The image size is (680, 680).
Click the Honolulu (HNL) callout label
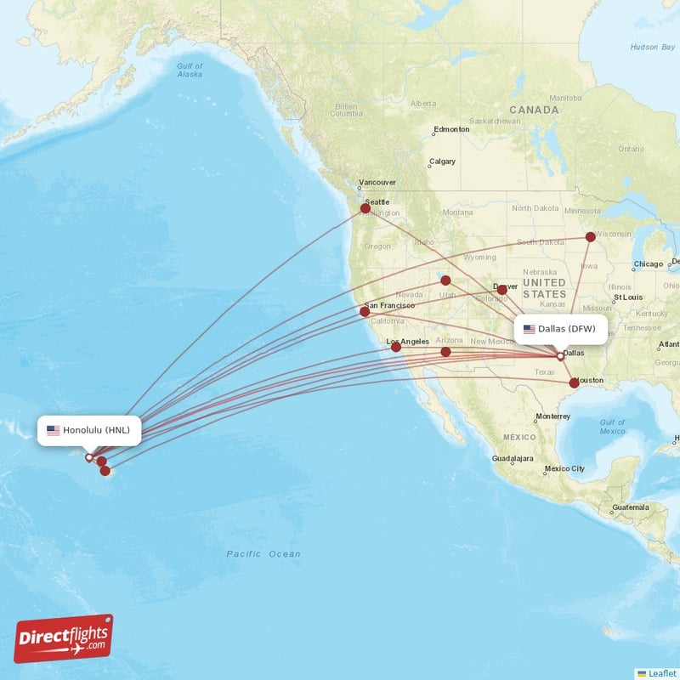point(89,430)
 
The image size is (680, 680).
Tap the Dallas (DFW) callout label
point(559,329)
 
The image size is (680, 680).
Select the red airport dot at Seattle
point(365,207)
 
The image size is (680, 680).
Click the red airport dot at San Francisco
point(365,312)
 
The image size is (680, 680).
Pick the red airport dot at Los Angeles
point(395,347)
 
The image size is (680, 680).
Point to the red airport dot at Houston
point(575,383)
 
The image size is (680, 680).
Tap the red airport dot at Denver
point(501,290)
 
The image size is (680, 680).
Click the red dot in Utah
point(445,280)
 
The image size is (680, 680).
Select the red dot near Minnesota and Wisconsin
point(591,237)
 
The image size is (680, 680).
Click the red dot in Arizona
point(445,352)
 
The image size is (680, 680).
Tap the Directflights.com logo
point(64,638)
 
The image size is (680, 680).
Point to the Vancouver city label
point(377,183)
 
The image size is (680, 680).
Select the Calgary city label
point(442,161)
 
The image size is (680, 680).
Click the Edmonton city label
point(450,130)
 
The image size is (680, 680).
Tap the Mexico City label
point(564,468)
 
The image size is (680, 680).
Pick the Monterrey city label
point(552,416)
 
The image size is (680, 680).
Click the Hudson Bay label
point(652,47)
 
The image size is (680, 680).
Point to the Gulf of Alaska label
point(190,70)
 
